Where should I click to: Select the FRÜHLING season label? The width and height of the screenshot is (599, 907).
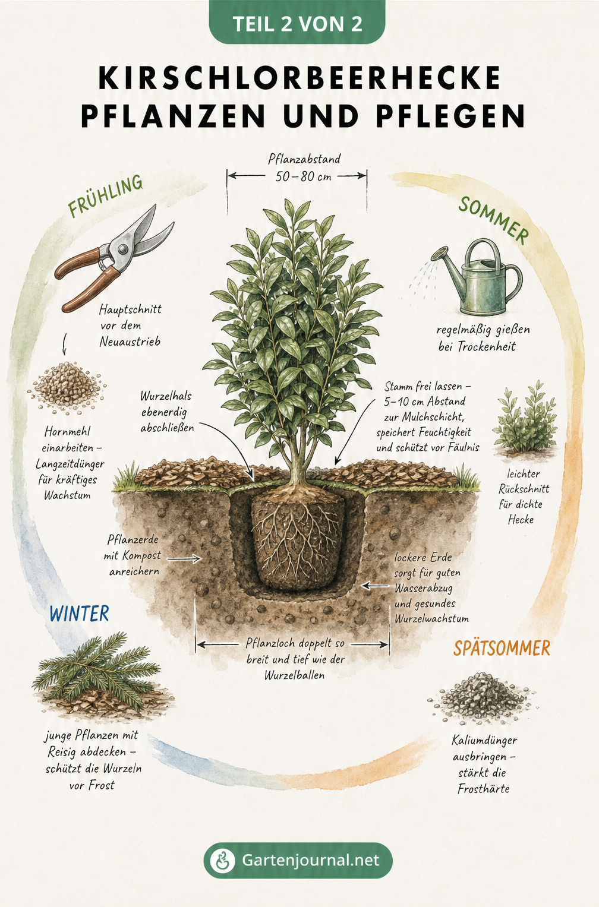coord(105,196)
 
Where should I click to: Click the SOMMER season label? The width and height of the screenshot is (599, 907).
coord(494,220)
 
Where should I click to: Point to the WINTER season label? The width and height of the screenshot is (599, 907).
coord(80,614)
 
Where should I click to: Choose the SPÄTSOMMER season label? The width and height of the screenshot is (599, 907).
coord(502,648)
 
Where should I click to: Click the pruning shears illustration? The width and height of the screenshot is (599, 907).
coord(114,258)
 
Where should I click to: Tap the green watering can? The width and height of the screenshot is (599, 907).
coord(477,276)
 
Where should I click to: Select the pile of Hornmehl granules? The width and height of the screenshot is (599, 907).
coord(67,387)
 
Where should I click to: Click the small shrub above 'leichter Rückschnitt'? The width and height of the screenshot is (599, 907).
coord(525,418)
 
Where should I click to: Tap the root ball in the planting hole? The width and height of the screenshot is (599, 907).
coord(298,539)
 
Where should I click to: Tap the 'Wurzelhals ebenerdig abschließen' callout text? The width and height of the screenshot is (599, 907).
coord(167,412)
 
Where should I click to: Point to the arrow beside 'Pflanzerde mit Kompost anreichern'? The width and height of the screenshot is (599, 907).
coord(184,559)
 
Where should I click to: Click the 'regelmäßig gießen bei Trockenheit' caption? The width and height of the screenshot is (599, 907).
coord(483,338)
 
